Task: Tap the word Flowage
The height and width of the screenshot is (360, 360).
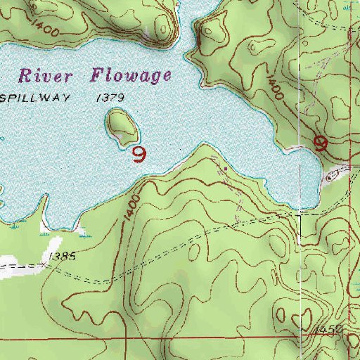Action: pos(130,75)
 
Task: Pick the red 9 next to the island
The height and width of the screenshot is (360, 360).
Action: pos(139,154)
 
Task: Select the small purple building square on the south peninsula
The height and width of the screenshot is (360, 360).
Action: pos(225,168)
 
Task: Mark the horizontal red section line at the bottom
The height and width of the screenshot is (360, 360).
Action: pos(176,337)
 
